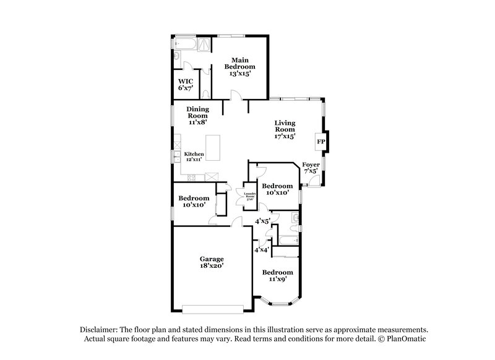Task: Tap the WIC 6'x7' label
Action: [185, 85]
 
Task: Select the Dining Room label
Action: [197, 116]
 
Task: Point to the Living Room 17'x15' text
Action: [285, 130]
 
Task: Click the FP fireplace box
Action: [321, 142]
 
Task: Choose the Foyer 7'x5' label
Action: [311, 168]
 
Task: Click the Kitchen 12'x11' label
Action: [194, 156]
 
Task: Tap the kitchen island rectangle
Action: [212, 147]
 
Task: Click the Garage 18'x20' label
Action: [211, 262]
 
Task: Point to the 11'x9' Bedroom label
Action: [277, 276]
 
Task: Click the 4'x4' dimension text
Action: [262, 250]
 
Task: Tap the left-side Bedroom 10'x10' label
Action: [193, 202]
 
